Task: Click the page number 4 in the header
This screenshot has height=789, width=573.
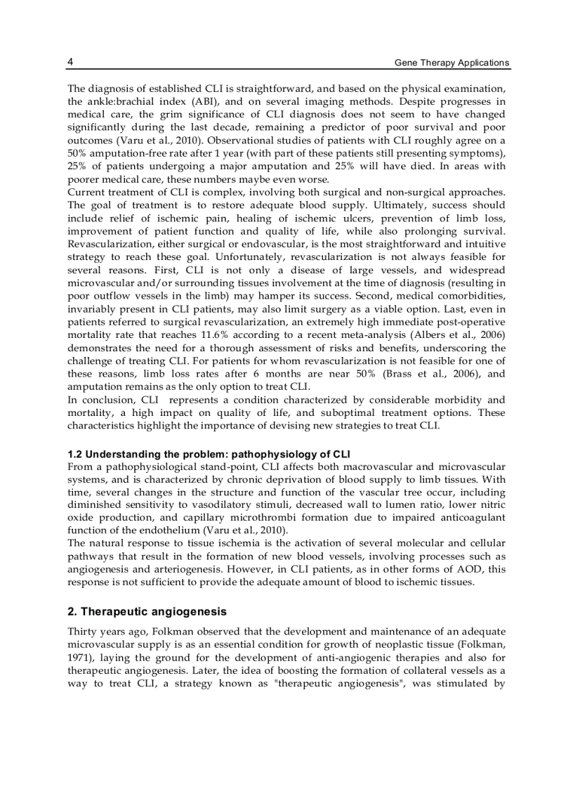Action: (x=70, y=62)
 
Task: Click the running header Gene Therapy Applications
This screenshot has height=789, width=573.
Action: (x=452, y=63)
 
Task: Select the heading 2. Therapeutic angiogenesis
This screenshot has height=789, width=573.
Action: (x=147, y=612)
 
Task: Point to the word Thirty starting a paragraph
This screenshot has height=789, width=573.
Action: (x=82, y=632)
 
